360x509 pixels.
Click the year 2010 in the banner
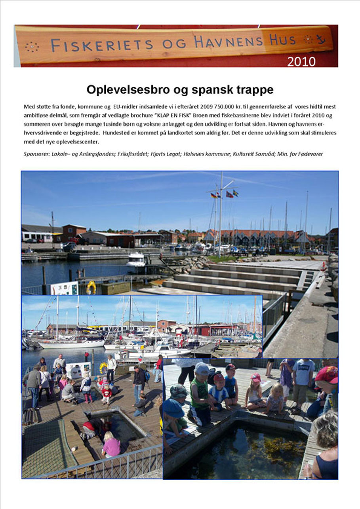301,62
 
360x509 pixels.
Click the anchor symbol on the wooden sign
320,40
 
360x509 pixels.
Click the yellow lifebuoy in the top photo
91,287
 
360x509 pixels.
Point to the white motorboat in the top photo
136,260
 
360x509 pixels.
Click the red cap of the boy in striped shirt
219,378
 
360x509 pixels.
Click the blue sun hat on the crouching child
173,408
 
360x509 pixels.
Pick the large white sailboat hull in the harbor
71,344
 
